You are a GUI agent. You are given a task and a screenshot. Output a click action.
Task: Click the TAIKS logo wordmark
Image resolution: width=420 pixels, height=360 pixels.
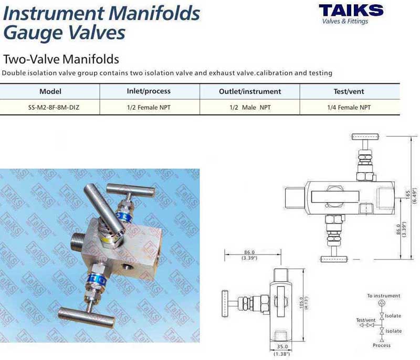click(x=351, y=10)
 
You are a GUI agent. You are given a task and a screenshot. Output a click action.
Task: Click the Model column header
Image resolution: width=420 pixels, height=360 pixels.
click(x=50, y=91)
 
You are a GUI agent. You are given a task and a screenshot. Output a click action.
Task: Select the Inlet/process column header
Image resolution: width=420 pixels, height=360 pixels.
click(x=149, y=91)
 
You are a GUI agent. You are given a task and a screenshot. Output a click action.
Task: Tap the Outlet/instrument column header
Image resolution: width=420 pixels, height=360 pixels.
click(x=250, y=91)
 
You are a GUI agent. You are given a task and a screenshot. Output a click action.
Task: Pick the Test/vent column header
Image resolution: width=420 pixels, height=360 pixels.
click(x=349, y=91)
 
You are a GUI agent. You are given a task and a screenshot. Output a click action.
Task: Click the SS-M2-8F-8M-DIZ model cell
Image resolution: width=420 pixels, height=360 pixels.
click(x=54, y=108)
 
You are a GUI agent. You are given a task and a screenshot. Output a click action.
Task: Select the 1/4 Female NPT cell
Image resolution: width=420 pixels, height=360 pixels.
click(x=349, y=108)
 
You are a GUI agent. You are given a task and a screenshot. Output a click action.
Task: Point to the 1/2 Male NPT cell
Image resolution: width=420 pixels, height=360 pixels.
click(x=250, y=108)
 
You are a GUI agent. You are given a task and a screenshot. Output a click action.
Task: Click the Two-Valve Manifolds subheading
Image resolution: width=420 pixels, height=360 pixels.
click(x=61, y=59)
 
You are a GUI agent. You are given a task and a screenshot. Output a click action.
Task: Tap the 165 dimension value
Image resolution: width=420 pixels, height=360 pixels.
click(x=408, y=194)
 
